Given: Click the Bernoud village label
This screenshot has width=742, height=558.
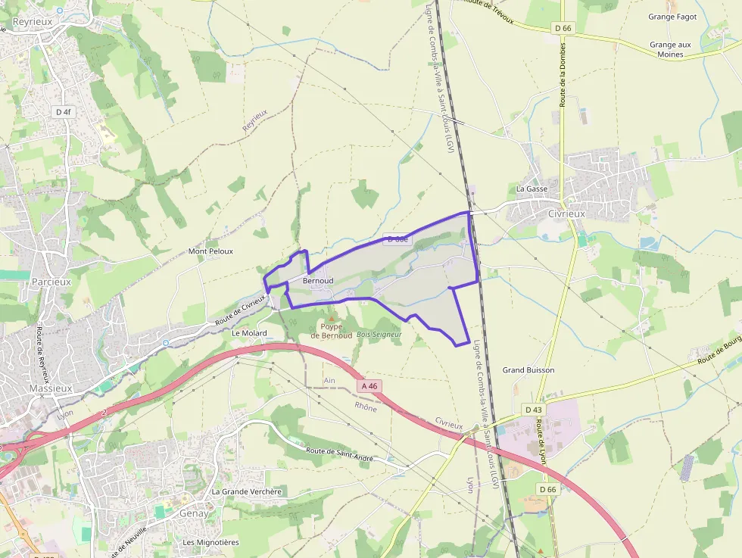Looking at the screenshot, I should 318,281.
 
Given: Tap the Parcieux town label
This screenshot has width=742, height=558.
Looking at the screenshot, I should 51,282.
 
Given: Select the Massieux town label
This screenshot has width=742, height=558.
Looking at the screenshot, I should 50,388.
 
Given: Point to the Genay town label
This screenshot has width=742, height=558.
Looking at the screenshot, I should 194,513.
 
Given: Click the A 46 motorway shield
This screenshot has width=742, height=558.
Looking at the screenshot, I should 369,386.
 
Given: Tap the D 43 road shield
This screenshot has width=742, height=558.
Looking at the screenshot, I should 533,410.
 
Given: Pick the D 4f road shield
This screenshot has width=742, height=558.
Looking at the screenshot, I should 64,112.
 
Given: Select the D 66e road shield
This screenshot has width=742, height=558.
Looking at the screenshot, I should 397,239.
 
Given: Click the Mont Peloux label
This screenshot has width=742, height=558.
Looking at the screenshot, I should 210,251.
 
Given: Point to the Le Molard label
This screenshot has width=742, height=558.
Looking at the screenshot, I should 249,333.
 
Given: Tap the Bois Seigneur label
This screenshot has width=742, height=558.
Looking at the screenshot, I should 379,334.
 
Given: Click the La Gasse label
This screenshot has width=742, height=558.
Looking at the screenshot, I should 532,189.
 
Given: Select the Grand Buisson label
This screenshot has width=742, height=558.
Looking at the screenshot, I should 528,370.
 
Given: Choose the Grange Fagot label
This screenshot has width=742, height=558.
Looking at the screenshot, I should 672,16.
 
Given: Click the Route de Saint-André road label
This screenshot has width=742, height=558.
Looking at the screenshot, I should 340,454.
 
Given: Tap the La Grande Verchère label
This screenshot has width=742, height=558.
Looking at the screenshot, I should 247,491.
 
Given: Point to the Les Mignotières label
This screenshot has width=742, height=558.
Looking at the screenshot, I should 210,542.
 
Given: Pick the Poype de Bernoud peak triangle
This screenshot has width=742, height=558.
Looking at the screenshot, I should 331,318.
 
